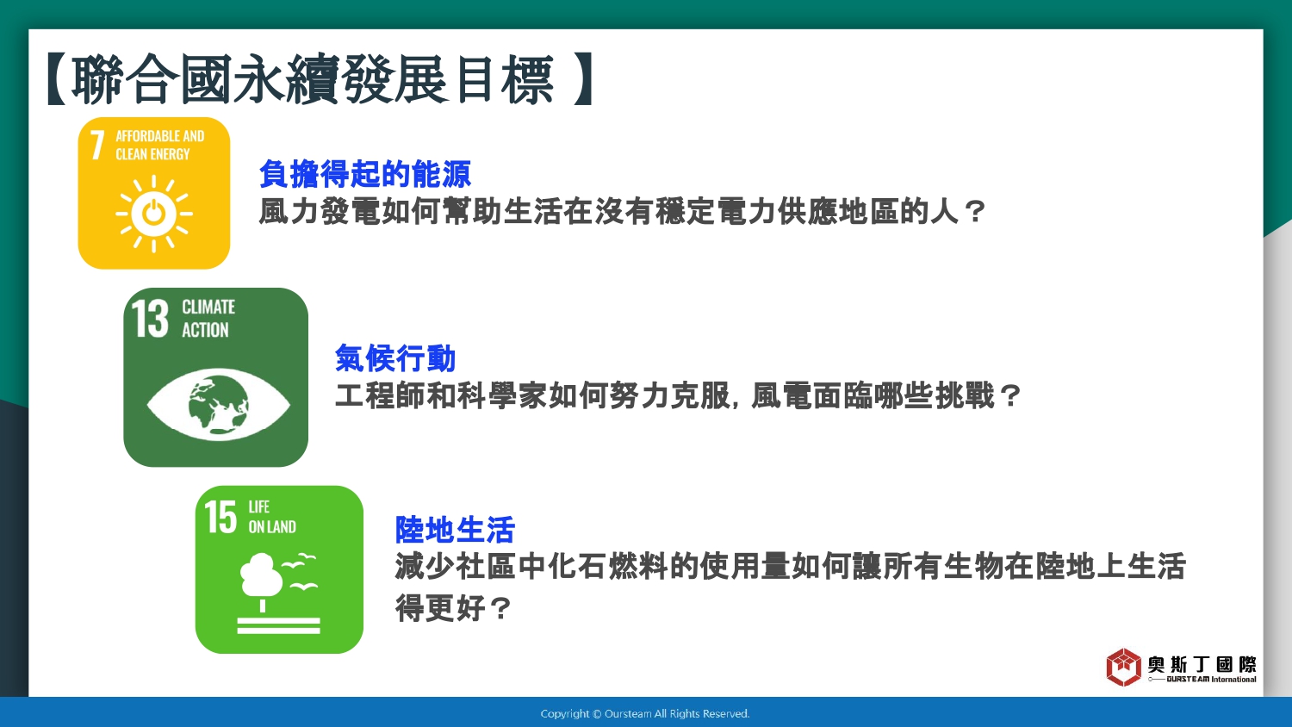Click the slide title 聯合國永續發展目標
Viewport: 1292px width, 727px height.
tap(314, 79)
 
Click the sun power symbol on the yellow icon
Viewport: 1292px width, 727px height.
tap(154, 214)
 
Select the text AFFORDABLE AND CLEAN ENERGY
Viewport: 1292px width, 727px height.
tap(159, 145)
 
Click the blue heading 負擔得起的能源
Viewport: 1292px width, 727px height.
tap(365, 174)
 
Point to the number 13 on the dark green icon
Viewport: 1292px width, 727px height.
tap(150, 318)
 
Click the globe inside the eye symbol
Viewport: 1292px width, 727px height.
tap(219, 405)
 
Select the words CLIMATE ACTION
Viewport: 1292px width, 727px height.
tap(208, 318)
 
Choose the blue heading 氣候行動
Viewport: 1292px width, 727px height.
tap(395, 357)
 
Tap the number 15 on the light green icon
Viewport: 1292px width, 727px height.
tap(221, 517)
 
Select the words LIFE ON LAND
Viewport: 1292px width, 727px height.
tap(272, 517)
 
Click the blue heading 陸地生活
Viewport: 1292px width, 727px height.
tap(455, 530)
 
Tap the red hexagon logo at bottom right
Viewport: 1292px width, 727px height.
tap(1123, 667)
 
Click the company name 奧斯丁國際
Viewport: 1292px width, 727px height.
tap(1202, 665)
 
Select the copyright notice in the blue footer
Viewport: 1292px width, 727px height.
tap(645, 714)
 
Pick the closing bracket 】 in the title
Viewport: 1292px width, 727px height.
tap(585, 79)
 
